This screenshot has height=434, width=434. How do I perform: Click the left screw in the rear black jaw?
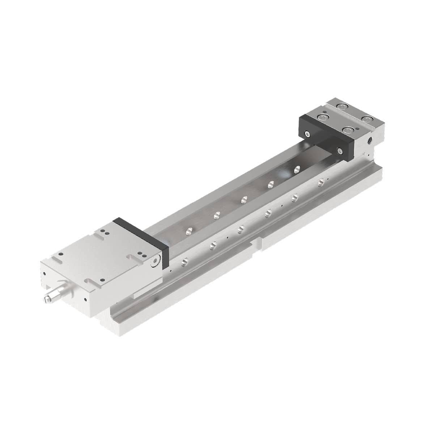(x=307, y=134)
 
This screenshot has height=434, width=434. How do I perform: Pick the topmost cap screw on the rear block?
(x=341, y=106)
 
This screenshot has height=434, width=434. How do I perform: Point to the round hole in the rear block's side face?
(x=370, y=140)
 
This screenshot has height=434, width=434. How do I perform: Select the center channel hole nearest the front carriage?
(x=188, y=230)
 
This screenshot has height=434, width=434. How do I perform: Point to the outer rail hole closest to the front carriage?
(x=185, y=260)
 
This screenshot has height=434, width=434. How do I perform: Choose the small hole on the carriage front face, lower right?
(x=85, y=299)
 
